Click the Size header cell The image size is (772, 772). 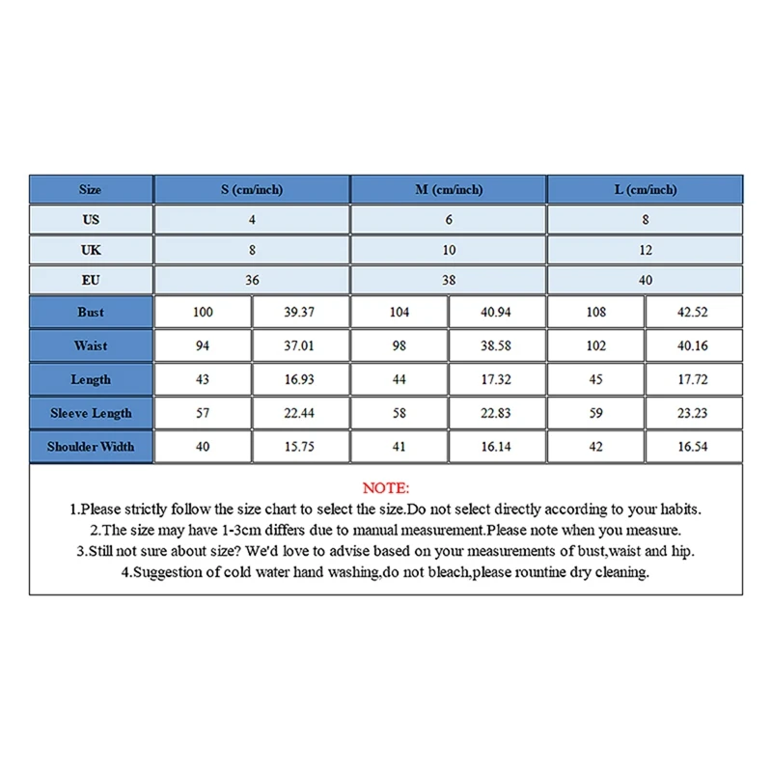91,190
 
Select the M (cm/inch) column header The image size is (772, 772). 449,190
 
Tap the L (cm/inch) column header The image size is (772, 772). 646,190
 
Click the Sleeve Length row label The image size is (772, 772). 91,413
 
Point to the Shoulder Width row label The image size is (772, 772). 91,447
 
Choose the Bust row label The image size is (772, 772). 91,313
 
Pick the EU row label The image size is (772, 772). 91,281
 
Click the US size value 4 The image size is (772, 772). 252,220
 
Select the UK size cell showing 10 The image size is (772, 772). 449,250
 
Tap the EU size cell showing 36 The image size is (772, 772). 252,281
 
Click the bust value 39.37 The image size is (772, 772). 299,313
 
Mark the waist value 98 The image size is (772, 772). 400,345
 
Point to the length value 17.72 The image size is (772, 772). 693,379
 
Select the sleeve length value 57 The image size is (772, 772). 203,413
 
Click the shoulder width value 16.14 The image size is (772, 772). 496,447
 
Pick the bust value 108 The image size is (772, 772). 596,313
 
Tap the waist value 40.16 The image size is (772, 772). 693,345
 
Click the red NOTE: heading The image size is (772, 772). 386,488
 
